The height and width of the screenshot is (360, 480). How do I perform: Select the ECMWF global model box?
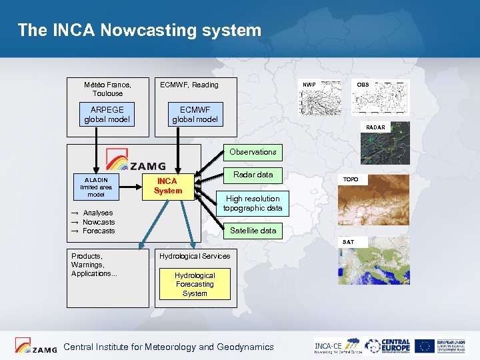pos(195,114)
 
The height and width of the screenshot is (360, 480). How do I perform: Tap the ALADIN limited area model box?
pos(97,187)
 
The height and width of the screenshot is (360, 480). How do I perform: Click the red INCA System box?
pos(167,186)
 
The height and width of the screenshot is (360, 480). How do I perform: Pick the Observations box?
pos(253,152)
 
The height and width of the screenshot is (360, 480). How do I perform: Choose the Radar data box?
pos(253,175)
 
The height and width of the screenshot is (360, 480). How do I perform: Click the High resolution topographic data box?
pos(253,203)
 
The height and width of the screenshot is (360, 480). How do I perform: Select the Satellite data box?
pos(253,231)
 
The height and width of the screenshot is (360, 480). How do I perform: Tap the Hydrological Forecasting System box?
pos(194,284)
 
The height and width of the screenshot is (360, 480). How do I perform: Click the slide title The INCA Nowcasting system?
pos(139,30)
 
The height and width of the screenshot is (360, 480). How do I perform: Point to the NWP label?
pos(309,85)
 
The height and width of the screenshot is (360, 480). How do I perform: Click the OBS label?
pos(363,85)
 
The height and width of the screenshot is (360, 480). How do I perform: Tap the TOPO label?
pos(351,180)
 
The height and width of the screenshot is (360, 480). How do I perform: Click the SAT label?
pos(349,241)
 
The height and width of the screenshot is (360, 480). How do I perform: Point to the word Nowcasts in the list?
pos(99,222)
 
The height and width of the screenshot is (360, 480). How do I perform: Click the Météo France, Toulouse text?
pos(107,89)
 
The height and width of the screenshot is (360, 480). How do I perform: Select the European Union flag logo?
pos(424,346)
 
